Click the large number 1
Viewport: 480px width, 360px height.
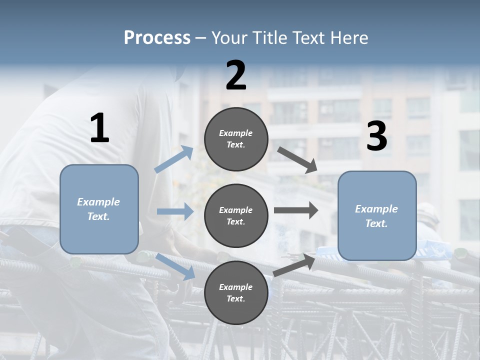coord(99,128)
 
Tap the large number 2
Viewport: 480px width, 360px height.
coord(236,75)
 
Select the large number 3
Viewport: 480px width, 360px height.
coord(376,136)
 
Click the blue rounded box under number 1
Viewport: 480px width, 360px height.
coord(99,209)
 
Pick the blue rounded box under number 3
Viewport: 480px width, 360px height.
coord(377,216)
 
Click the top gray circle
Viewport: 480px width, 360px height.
coord(236,139)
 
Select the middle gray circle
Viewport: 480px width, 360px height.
coord(236,215)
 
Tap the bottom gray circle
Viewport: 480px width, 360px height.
coord(236,292)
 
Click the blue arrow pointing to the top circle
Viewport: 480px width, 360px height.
coord(174,159)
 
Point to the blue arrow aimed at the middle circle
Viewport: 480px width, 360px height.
coord(175,211)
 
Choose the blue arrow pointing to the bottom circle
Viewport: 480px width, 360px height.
coord(175,266)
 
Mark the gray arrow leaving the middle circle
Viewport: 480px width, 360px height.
coord(295,210)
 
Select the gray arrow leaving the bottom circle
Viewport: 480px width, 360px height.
coord(294,264)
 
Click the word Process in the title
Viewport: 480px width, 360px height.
coord(157,37)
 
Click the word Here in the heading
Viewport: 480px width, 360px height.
coord(349,37)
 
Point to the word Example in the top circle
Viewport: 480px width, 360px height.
coord(235,133)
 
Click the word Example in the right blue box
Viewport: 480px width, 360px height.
coord(376,209)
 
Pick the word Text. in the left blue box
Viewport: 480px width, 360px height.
coord(98,216)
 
